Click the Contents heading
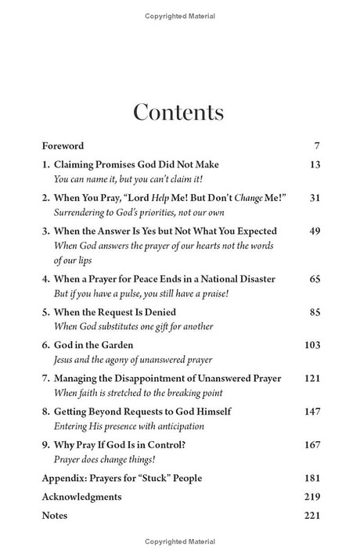point(178,112)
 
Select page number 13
point(315,164)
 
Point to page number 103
point(312,345)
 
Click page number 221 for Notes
point(311,516)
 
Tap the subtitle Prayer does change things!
point(102,459)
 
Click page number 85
point(315,311)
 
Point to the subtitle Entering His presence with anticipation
point(129,426)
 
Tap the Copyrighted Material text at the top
point(179,16)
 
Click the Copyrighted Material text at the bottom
point(179,542)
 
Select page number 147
point(311,411)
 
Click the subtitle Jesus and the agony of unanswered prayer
point(133,360)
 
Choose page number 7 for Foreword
point(317,146)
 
